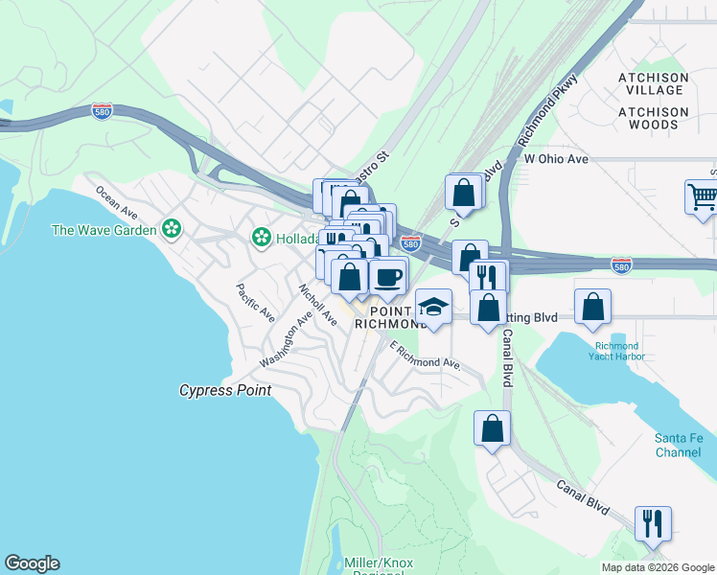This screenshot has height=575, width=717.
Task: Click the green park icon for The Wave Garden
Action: pos(172,229)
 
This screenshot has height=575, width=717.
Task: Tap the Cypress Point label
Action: pos(225,390)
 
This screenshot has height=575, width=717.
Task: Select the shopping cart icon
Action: pos(702,198)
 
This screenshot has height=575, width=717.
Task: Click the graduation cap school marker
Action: pos(433,308)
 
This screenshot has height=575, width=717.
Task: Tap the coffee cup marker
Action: pos(388,277)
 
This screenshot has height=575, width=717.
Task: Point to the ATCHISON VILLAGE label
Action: pos(653,83)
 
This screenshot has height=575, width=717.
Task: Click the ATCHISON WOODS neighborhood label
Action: pos(653,118)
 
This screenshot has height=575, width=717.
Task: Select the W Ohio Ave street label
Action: pos(555,158)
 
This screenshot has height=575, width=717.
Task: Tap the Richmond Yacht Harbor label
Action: pos(618,351)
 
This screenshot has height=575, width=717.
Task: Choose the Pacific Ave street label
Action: pos(256,302)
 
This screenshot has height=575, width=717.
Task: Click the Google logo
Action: pos(32,563)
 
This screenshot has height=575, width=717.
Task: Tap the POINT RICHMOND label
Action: pos(389,317)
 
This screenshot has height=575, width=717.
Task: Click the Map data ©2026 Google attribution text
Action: pos(657,567)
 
